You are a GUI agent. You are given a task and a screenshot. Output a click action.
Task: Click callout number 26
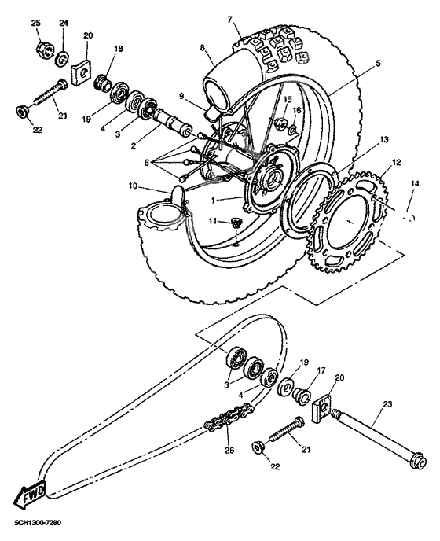tap(229, 451)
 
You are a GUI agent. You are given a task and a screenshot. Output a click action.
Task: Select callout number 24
tap(64, 24)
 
